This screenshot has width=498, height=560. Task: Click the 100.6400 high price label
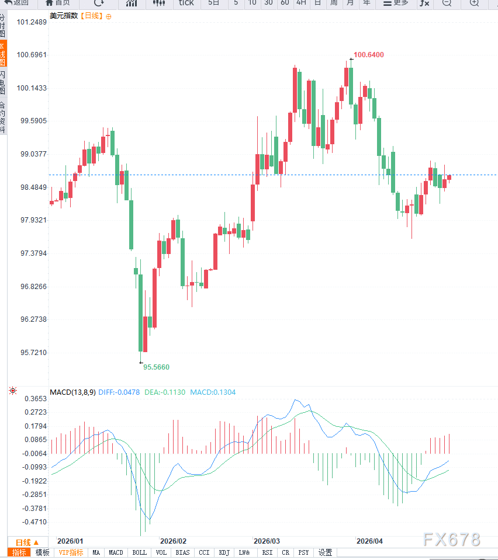(x=368, y=55)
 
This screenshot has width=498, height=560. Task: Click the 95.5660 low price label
(x=156, y=367)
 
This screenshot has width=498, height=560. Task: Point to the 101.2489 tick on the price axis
(x=32, y=22)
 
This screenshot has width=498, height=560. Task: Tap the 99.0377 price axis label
(x=32, y=154)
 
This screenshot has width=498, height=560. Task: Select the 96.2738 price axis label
(x=32, y=319)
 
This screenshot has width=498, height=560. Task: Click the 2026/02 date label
(x=173, y=541)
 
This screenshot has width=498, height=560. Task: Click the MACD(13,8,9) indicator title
(x=72, y=392)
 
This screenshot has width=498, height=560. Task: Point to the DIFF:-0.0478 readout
(x=119, y=392)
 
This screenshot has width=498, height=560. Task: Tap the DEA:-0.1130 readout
(x=165, y=392)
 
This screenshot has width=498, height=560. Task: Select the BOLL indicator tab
(x=139, y=552)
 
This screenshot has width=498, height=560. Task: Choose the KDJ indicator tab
(x=224, y=552)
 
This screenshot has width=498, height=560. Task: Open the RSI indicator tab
(x=267, y=552)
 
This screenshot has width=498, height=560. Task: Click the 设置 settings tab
(x=325, y=552)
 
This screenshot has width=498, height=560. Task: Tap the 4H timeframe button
(x=301, y=3)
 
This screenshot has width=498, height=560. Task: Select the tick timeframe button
(x=186, y=3)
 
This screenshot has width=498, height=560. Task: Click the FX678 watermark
(x=452, y=540)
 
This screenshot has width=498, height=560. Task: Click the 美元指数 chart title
(x=63, y=16)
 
